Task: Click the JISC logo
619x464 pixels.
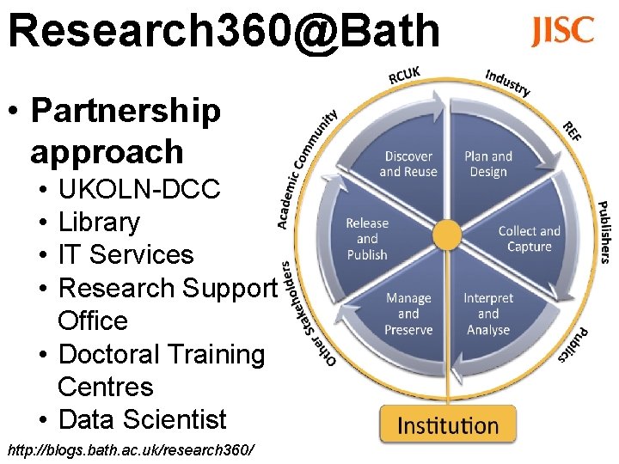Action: click(562, 31)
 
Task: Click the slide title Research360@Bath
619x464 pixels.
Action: click(224, 31)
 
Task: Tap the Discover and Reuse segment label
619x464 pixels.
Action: click(408, 163)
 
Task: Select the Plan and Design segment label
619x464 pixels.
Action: click(487, 163)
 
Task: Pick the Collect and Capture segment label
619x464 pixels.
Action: click(529, 239)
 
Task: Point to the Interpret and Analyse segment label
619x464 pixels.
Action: click(487, 314)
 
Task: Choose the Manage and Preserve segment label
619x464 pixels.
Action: click(408, 314)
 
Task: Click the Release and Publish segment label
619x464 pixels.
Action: click(367, 239)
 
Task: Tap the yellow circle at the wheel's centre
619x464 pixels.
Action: click(447, 235)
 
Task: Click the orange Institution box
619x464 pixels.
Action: click(448, 424)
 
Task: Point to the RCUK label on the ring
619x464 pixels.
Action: click(404, 76)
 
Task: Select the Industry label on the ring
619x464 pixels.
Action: click(507, 82)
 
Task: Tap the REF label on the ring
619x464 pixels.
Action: click(572, 131)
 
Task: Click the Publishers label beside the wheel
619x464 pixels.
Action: click(604, 232)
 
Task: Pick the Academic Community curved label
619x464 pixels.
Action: click(305, 168)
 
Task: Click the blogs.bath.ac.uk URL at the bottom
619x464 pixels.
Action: click(131, 449)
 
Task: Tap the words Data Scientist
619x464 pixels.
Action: click(142, 419)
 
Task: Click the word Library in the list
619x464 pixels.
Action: click(99, 222)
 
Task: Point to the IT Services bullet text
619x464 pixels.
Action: click(126, 254)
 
